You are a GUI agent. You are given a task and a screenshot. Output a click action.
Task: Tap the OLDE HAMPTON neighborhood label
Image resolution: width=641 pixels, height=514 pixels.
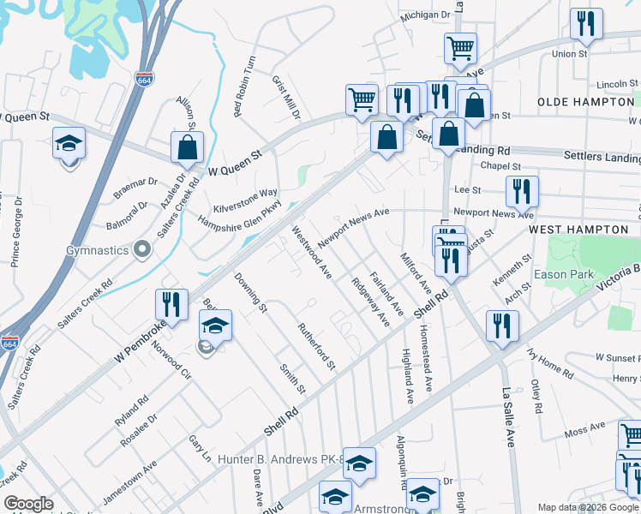pyautogui.click(x=585, y=102)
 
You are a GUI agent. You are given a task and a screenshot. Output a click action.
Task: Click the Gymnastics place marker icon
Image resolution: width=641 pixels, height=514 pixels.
pyautogui.click(x=143, y=250)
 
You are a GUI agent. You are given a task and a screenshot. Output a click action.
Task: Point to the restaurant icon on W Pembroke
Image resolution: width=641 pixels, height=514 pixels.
pyautogui.click(x=171, y=305)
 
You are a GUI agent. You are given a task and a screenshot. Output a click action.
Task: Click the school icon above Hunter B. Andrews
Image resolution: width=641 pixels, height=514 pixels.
pyautogui.click(x=360, y=463)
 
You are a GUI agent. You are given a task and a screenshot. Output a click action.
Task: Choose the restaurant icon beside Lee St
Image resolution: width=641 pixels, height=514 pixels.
pyautogui.click(x=521, y=191)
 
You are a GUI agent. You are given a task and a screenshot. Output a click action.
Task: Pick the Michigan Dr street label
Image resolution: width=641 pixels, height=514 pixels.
pyautogui.click(x=425, y=15)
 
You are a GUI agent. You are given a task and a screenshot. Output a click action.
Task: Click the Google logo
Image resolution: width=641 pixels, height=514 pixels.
pyautogui.click(x=28, y=504)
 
